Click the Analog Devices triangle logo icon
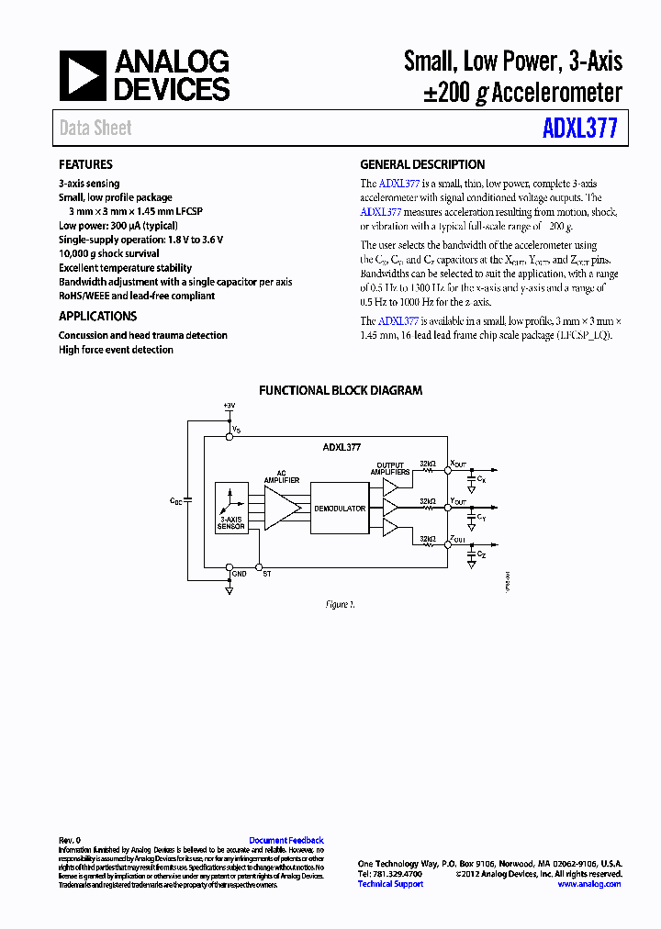click(x=84, y=75)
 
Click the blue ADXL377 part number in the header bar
click(x=579, y=128)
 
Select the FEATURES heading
click(x=85, y=165)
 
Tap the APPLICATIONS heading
click(x=98, y=317)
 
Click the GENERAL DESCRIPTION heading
click(x=422, y=165)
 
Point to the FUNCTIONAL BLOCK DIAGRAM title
click(x=341, y=390)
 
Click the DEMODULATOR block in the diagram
click(x=340, y=508)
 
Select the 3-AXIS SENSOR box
click(x=231, y=507)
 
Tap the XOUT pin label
click(x=457, y=464)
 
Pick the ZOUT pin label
click(x=457, y=540)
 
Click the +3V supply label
click(x=230, y=406)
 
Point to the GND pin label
click(x=239, y=573)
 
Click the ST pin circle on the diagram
click(x=259, y=566)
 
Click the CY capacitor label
click(x=482, y=518)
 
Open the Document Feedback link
click(x=286, y=840)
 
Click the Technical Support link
click(x=390, y=884)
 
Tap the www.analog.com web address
click(x=588, y=884)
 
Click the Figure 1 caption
click(x=340, y=605)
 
